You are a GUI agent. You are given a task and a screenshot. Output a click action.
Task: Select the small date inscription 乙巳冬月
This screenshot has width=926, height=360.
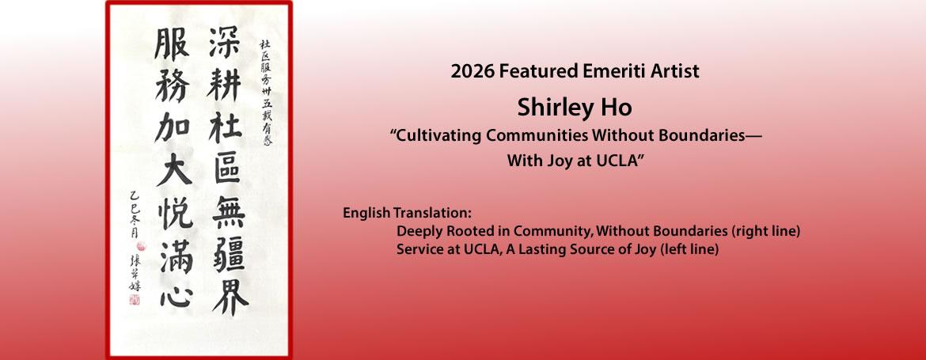[134, 238]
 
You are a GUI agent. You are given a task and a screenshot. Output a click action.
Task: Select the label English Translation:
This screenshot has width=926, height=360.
[407, 214]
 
